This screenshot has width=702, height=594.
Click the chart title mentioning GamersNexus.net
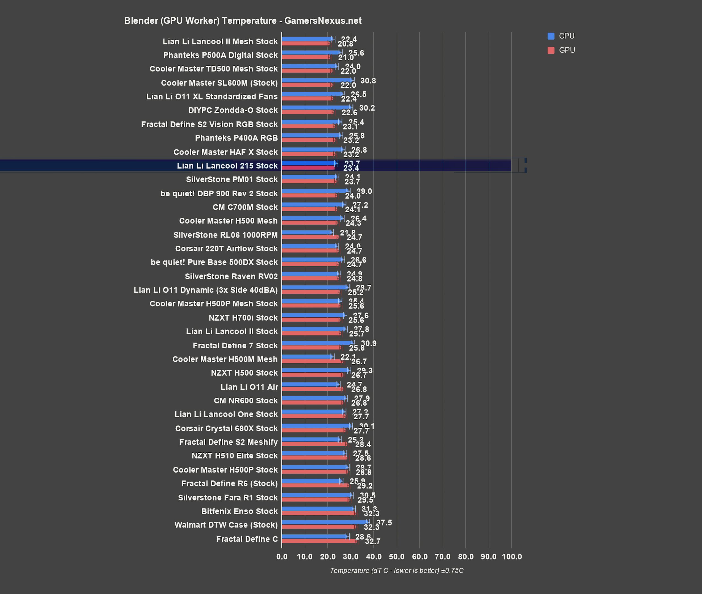[243, 21]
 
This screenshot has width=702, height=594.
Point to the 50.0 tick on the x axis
[397, 557]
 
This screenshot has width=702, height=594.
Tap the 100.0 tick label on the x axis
[511, 557]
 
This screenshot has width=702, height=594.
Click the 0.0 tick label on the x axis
[282, 557]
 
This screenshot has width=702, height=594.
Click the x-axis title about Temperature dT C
[397, 570]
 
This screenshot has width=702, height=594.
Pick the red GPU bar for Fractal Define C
[319, 541]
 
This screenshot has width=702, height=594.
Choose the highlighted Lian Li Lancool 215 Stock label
[227, 166]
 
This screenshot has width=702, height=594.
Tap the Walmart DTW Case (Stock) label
[226, 525]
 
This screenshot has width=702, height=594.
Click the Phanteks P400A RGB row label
[236, 138]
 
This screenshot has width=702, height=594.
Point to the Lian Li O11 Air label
[249, 387]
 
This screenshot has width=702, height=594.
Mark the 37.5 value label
[384, 522]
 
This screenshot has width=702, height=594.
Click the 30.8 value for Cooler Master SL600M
[368, 81]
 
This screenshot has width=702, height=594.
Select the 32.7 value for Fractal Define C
[372, 541]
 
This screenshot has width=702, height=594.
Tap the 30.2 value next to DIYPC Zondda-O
[367, 108]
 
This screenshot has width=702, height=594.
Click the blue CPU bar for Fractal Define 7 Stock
[317, 343]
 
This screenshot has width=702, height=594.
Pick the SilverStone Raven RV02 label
[231, 276]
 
